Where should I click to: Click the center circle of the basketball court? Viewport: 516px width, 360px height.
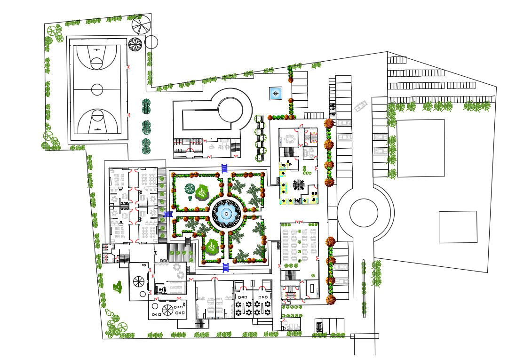click(97, 89)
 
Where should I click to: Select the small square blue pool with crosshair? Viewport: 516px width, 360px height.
click(276, 94)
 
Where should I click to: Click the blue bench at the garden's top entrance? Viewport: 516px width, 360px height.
click(225, 168)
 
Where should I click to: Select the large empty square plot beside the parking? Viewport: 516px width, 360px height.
click(421, 148)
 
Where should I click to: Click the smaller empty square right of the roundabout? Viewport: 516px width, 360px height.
click(458, 227)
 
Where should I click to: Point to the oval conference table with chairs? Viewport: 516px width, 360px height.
click(289, 139)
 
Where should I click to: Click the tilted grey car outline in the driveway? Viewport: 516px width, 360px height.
click(361, 106)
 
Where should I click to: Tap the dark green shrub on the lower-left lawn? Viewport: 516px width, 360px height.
click(118, 287)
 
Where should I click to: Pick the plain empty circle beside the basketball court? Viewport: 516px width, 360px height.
click(151, 42)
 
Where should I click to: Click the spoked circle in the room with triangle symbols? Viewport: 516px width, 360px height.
click(167, 309)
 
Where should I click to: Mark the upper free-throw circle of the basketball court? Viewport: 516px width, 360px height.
click(97, 62)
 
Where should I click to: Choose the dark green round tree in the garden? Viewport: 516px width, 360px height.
click(190, 189)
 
